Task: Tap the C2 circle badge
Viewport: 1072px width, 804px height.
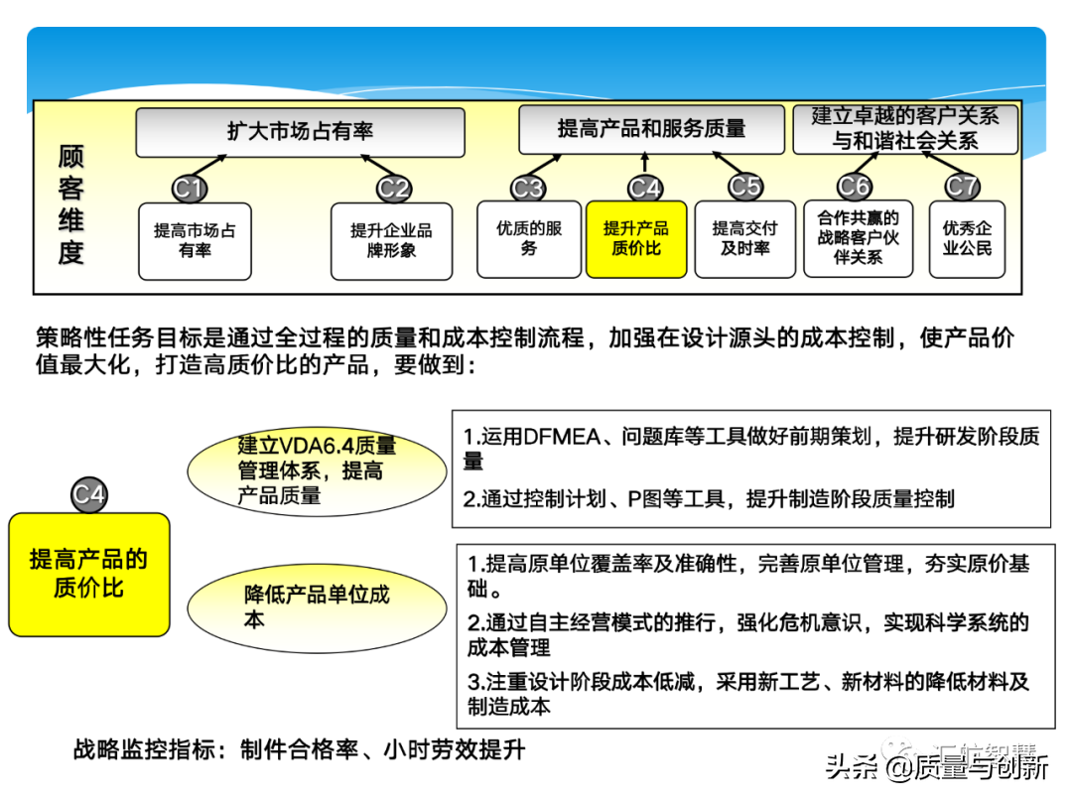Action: click(394, 188)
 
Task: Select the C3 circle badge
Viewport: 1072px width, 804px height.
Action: click(528, 188)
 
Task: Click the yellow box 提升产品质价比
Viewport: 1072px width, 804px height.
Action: click(636, 238)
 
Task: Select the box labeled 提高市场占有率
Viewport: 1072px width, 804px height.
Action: click(195, 240)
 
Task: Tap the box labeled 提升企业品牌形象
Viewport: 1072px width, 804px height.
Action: click(391, 240)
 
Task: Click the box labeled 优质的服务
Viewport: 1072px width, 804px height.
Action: click(529, 238)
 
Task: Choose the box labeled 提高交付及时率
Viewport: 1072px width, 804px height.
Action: click(744, 238)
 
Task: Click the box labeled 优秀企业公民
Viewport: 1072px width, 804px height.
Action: click(967, 238)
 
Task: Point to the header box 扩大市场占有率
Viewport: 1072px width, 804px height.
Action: click(300, 132)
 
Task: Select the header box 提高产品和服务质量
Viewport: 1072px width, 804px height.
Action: click(651, 129)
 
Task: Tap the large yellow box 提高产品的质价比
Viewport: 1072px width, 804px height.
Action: click(89, 574)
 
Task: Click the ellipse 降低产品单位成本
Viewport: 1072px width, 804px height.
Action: click(317, 606)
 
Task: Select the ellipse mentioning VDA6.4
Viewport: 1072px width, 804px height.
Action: click(317, 470)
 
